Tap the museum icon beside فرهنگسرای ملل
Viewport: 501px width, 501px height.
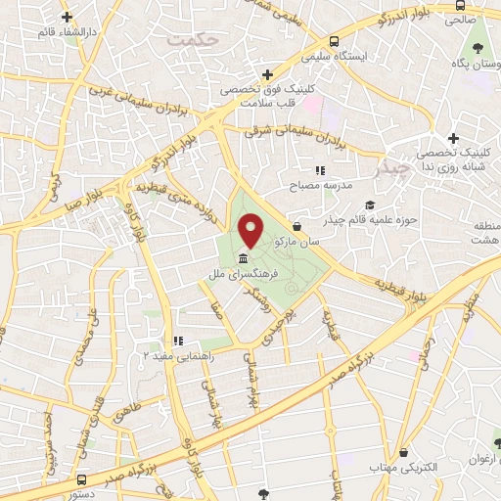242,259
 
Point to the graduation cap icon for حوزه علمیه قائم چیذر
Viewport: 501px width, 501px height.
370,205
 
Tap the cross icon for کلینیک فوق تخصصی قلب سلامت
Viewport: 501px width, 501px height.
267,74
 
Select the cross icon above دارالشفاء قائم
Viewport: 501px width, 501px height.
67,18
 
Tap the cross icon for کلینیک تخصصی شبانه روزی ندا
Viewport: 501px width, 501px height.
452,138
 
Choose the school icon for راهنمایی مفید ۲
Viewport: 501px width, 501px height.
178,342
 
